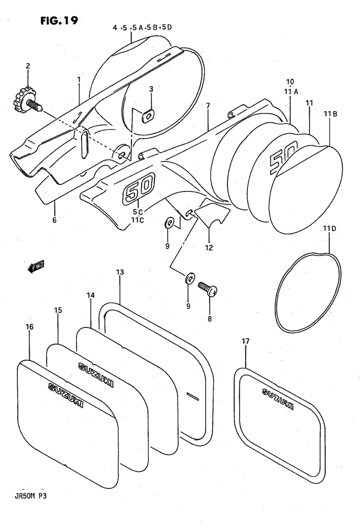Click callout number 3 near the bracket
[151, 89]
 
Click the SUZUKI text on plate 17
[278, 399]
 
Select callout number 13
[120, 272]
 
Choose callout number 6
[54, 220]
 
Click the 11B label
[330, 114]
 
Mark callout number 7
[208, 105]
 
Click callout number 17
[245, 341]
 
